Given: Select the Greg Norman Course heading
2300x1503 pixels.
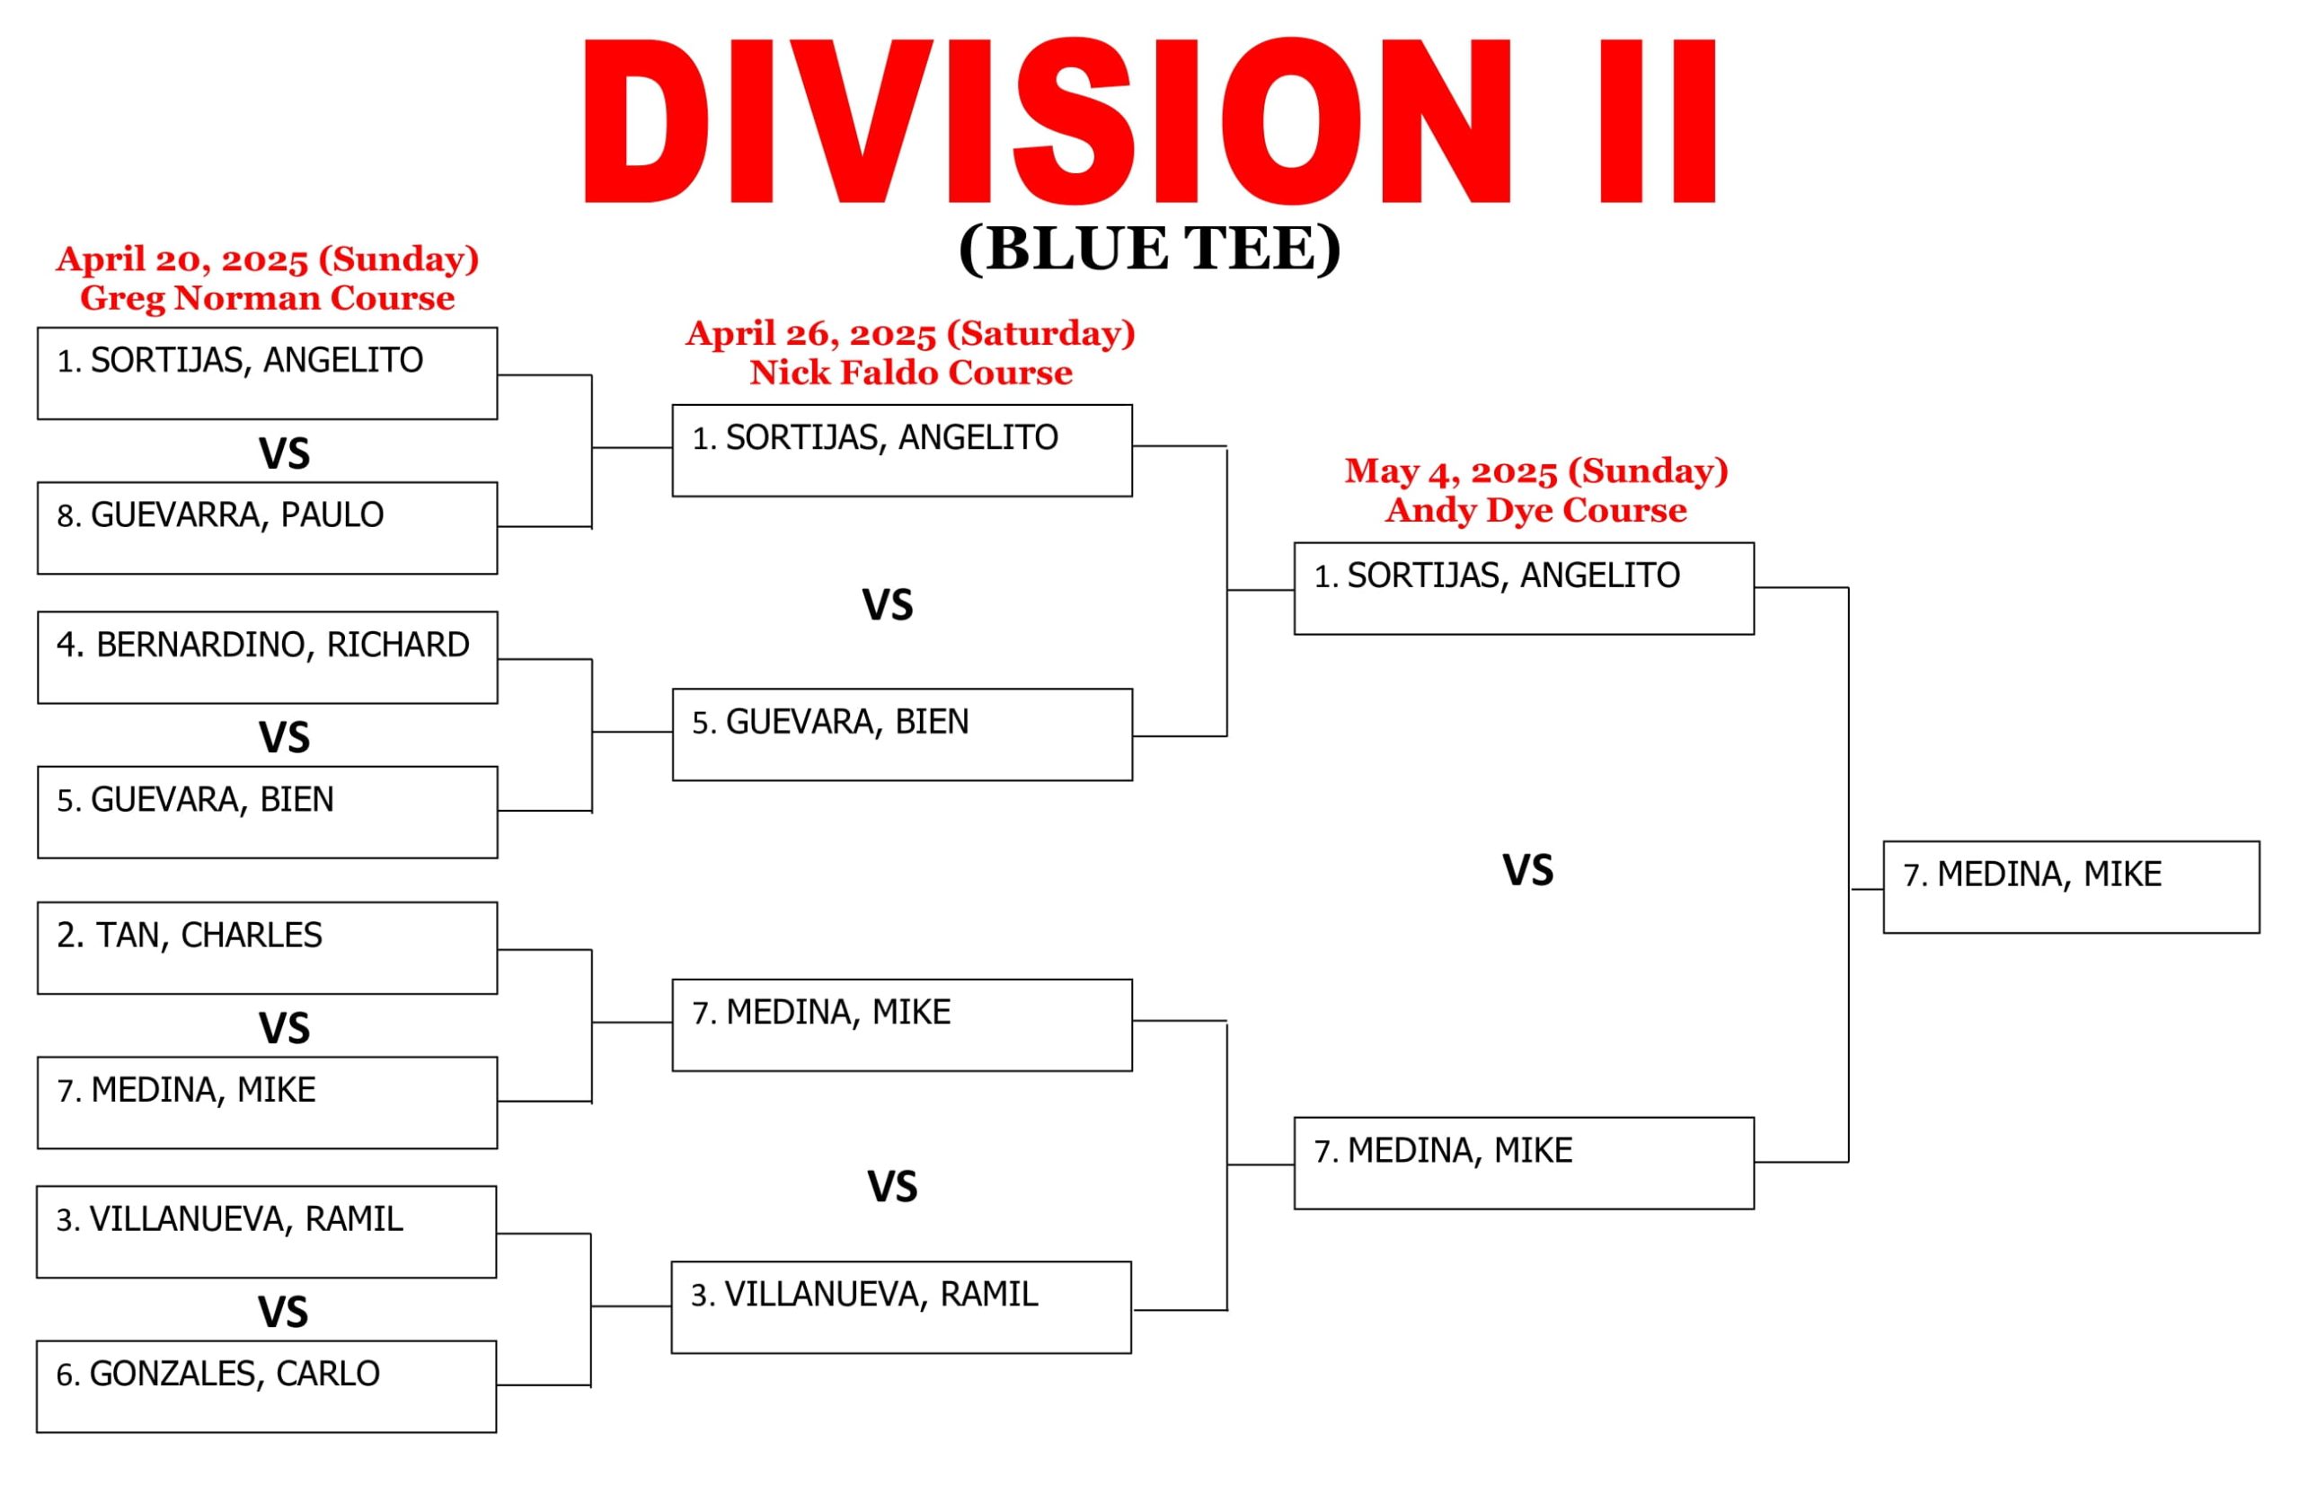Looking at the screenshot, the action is point(267,297).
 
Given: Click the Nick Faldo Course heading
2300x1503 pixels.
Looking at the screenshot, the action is point(910,372).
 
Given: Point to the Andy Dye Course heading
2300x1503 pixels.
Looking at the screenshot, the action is point(1535,509).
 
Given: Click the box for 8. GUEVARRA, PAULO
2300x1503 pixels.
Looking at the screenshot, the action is point(268,528).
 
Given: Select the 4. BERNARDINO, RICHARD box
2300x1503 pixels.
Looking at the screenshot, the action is point(268,658).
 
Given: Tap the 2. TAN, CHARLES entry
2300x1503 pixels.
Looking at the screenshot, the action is point(268,948).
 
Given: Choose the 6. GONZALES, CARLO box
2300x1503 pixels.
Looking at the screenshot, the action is point(267,1387).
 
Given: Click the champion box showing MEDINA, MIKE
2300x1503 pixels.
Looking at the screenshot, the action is point(2071,888).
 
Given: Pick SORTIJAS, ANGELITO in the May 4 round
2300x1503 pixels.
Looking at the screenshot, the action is point(1524,589).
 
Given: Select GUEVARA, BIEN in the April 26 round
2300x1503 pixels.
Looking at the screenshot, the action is point(903,735).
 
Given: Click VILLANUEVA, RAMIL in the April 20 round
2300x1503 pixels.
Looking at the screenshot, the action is point(267,1233).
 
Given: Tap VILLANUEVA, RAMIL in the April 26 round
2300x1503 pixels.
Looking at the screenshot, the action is point(902,1308).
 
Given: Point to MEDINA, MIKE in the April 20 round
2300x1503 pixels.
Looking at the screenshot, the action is point(268,1103).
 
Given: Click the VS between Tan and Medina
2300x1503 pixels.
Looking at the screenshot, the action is point(284,1029).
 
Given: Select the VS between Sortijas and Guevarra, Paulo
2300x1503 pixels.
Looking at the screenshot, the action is point(284,454).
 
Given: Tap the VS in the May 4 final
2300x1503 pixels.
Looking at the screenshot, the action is point(1528,870).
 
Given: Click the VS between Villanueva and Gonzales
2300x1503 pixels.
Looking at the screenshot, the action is point(283,1313).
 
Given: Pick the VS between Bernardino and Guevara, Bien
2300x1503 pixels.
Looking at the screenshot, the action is point(284,738).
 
